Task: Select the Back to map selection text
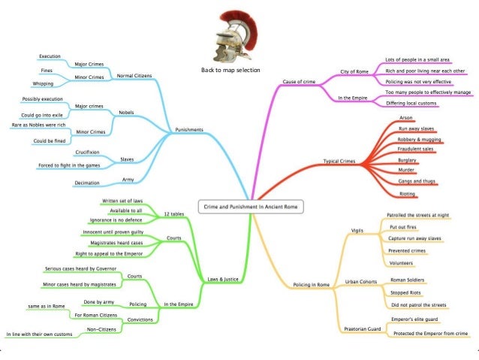[x=230, y=71]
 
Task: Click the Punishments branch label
[x=188, y=129]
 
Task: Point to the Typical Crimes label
[x=339, y=161]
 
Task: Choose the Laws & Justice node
[x=223, y=280]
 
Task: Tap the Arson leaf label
[x=406, y=118]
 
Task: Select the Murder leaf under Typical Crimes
[x=406, y=171]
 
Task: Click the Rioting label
[x=408, y=193]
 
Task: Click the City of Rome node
[x=353, y=71]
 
